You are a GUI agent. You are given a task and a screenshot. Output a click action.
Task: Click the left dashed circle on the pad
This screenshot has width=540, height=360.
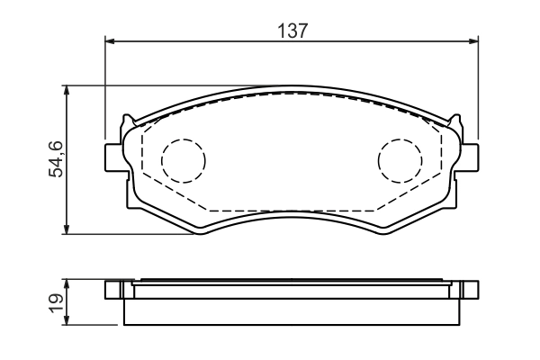[x=184, y=160]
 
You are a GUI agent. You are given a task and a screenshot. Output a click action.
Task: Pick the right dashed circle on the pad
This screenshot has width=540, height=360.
[x=400, y=160]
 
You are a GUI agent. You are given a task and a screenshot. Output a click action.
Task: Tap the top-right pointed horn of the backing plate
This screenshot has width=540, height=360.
[x=456, y=118]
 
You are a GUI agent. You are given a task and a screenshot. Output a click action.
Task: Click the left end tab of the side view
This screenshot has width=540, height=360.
[x=113, y=290]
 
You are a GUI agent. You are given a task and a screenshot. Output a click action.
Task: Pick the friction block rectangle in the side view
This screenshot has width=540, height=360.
[x=292, y=310]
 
